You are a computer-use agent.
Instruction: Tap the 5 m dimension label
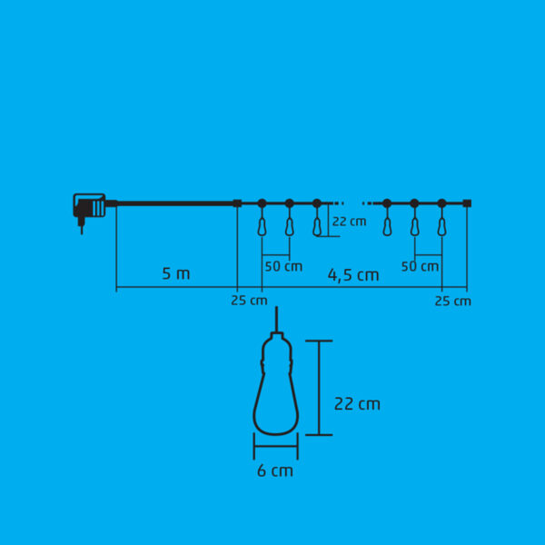point(176,274)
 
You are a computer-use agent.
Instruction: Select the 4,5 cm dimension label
point(353,275)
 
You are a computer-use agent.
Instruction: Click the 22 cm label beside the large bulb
point(357,404)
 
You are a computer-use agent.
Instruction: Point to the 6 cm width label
point(275,471)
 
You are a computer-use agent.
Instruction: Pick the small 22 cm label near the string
point(349,222)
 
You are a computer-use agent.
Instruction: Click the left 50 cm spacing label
point(283,266)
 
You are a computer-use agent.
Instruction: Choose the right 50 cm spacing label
point(420,266)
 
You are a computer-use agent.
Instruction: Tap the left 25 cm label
point(249,301)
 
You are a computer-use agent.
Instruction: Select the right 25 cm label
point(453,301)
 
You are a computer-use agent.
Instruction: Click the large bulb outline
point(275,383)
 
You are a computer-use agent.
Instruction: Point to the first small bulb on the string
point(263,226)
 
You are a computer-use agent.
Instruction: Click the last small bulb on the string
point(441,226)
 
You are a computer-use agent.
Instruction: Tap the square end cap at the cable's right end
point(467,203)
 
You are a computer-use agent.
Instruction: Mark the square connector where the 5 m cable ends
point(237,203)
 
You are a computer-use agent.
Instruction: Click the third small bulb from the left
point(317,226)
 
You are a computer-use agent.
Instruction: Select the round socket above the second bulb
point(290,203)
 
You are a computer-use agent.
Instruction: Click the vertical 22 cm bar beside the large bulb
point(319,388)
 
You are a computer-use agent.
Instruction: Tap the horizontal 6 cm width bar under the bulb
point(276,446)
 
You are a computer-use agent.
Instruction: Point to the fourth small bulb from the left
point(387,226)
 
